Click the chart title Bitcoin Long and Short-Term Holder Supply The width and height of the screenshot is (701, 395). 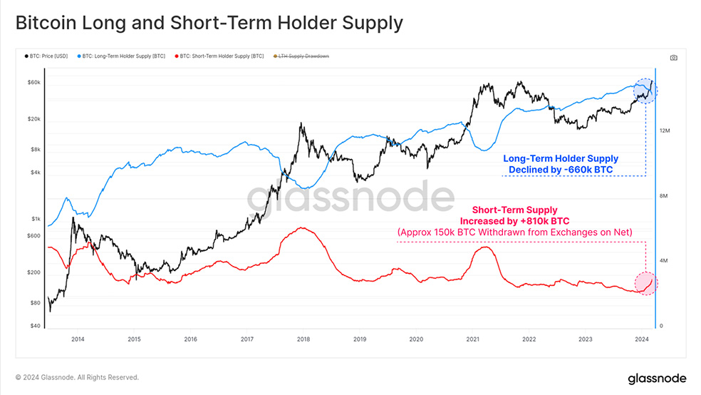[209, 23]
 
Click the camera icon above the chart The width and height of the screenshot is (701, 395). [674, 58]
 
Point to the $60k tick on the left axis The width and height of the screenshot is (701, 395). [33, 83]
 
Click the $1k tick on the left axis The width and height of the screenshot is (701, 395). [36, 219]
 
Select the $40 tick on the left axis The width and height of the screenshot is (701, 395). [35, 326]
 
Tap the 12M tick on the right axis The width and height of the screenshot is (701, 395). [666, 131]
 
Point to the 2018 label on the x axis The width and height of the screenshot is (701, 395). [303, 339]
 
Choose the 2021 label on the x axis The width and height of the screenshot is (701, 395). [472, 339]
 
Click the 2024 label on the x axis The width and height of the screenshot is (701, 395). [642, 339]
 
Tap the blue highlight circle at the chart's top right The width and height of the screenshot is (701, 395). [645, 91]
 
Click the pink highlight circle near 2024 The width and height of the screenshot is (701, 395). [645, 282]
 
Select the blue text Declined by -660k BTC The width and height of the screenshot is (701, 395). [560, 170]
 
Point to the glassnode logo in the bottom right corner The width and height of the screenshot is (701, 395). [656, 378]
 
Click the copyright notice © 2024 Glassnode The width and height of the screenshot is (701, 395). [77, 378]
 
